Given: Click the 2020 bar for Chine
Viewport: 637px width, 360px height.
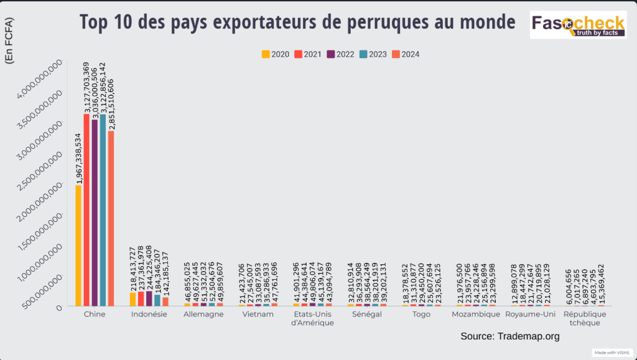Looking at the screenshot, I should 78,246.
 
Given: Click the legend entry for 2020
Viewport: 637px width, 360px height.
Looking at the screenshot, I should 276,54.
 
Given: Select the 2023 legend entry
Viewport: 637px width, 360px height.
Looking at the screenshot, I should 373,54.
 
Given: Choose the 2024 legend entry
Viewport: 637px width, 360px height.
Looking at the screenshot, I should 406,54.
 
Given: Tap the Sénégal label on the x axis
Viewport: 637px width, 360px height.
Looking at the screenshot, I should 366,315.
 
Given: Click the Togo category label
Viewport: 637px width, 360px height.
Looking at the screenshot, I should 421,315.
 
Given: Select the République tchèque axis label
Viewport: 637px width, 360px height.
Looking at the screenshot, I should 584,318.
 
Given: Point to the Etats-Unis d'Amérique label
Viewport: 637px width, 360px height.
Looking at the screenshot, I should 313,318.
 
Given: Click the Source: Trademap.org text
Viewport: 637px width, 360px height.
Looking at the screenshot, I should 510,336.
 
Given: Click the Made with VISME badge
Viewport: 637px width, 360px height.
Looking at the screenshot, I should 612,353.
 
